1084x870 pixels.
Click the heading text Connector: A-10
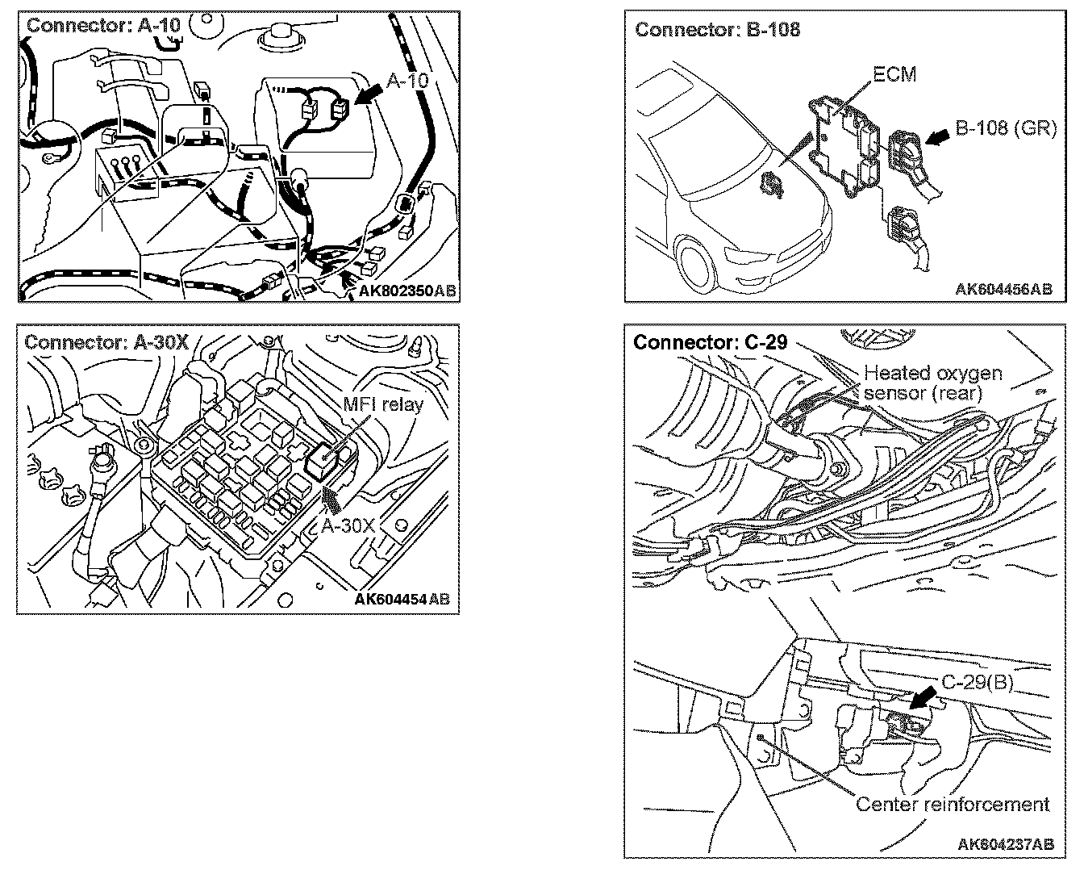[x=103, y=24]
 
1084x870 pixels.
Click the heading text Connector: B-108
[x=717, y=30]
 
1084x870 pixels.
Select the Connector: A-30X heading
[x=107, y=341]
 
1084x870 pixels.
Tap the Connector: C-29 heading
[x=710, y=342]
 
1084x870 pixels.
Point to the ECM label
[x=894, y=74]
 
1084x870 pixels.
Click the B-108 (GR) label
[x=1006, y=128]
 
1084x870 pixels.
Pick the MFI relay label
[x=382, y=404]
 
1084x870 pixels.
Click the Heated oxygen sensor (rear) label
[x=932, y=383]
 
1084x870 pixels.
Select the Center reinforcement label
[x=953, y=804]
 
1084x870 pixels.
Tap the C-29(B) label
[x=977, y=682]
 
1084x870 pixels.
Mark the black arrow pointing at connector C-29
[x=924, y=698]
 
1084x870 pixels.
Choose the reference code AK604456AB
[x=1003, y=289]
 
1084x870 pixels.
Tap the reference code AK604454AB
[x=402, y=599]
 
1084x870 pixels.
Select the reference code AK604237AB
[x=1005, y=844]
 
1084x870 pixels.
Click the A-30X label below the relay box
[x=348, y=525]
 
